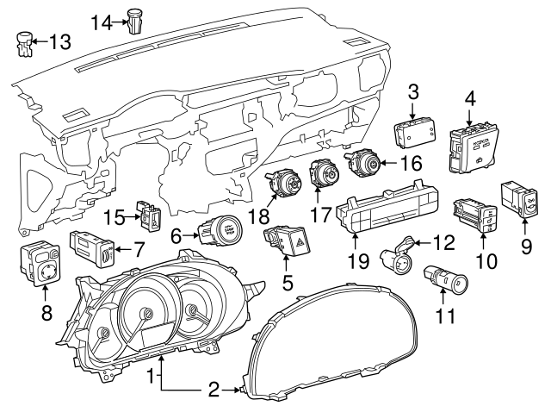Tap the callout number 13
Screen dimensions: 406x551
tap(60, 41)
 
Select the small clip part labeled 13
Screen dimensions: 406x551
tap(25, 43)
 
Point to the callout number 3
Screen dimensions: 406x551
tap(413, 91)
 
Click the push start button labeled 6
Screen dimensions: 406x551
tap(220, 232)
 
